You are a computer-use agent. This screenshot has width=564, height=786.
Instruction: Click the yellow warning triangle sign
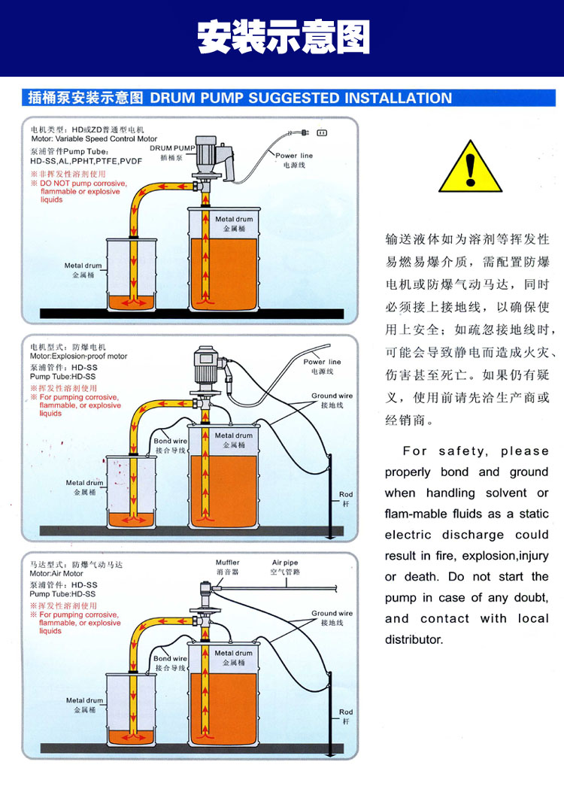click(x=470, y=166)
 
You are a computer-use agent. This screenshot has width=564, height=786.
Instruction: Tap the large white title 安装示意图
click(x=283, y=37)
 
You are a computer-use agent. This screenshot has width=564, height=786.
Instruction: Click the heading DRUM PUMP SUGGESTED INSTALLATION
click(x=301, y=98)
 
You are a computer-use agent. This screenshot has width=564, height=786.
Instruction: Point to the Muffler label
click(x=227, y=563)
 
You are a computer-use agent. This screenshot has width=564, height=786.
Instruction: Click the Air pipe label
click(x=285, y=563)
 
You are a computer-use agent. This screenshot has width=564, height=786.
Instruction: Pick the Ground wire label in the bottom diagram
click(x=332, y=614)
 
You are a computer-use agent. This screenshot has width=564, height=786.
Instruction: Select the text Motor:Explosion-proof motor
click(x=78, y=357)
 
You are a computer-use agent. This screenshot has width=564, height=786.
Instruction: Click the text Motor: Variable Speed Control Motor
click(x=94, y=139)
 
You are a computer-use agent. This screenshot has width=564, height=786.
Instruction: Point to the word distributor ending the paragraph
click(x=414, y=639)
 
